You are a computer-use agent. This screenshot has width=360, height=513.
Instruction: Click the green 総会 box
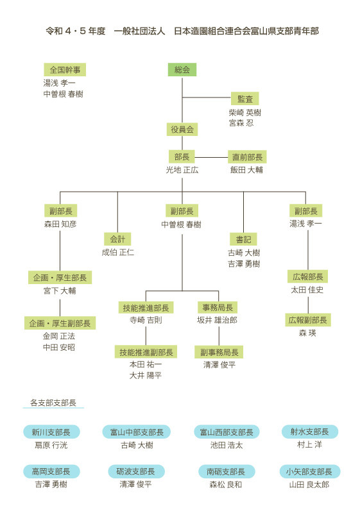click(182, 70)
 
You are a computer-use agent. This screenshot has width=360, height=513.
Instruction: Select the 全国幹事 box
click(65, 70)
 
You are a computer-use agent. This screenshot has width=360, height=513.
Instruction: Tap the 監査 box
click(244, 99)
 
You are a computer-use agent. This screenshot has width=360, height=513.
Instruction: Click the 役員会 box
click(182, 130)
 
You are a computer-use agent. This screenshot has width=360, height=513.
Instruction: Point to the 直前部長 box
click(247, 157)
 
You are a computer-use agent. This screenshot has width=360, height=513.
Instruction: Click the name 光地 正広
click(182, 170)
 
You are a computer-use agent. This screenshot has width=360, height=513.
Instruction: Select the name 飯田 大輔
click(246, 170)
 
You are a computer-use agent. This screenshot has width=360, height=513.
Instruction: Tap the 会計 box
click(117, 239)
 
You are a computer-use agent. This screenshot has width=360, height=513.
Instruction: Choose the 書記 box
click(243, 239)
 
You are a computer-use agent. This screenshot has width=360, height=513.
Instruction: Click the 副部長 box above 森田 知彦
click(60, 211)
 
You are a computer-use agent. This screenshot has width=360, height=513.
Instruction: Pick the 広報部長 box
click(307, 277)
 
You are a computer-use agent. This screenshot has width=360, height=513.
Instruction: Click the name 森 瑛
click(307, 333)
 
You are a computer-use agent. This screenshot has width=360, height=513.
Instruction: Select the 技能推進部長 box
click(146, 308)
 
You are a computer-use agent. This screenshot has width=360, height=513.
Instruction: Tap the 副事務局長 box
click(219, 352)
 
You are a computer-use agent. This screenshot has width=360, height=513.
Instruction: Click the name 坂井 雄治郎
click(218, 320)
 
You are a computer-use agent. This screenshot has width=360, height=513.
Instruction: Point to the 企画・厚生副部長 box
click(60, 323)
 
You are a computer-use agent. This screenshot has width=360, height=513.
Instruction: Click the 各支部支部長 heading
click(53, 403)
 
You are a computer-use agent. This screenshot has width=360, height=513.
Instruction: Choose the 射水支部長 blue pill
click(309, 432)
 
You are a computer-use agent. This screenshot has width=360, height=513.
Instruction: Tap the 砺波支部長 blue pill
click(136, 471)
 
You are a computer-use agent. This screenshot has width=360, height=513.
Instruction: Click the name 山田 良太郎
click(309, 485)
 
